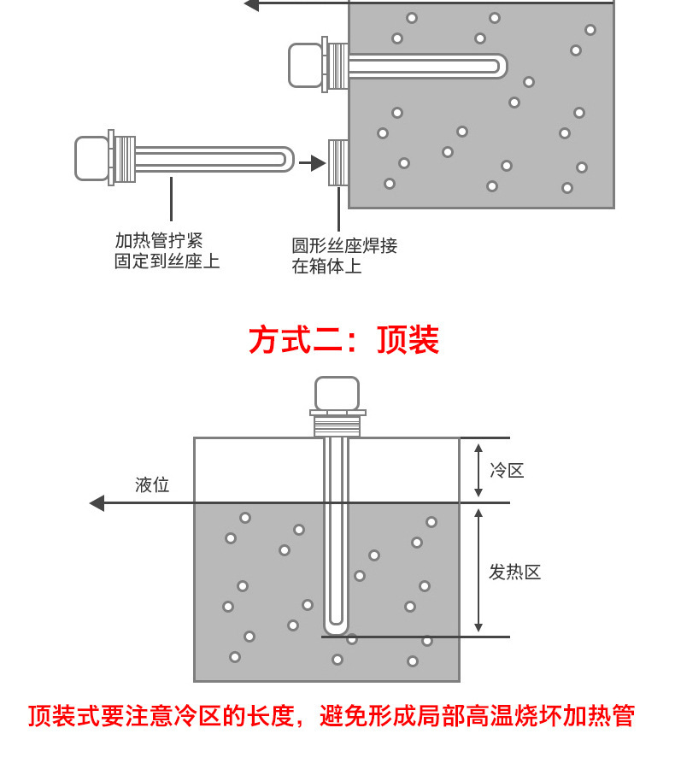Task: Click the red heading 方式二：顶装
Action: pyautogui.click(x=343, y=340)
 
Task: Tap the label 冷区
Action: pyautogui.click(x=507, y=470)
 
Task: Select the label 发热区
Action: pyautogui.click(x=514, y=572)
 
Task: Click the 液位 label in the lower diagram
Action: pyautogui.click(x=152, y=485)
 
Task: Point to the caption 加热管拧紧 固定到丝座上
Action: pyautogui.click(x=167, y=251)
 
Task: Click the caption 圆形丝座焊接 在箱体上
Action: pyautogui.click(x=344, y=256)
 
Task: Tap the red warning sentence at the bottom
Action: pyautogui.click(x=332, y=715)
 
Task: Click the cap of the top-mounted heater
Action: pyautogui.click(x=337, y=393)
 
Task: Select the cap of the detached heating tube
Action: pyautogui.click(x=91, y=159)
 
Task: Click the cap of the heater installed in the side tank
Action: pyautogui.click(x=305, y=65)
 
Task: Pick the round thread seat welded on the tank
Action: pyautogui.click(x=338, y=162)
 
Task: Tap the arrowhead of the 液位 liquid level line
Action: pyautogui.click(x=97, y=503)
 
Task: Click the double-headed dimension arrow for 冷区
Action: pyautogui.click(x=478, y=470)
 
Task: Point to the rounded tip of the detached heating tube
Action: pyautogui.click(x=288, y=159)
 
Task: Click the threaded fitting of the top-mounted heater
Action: pyautogui.click(x=337, y=426)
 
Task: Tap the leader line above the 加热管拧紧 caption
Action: pyautogui.click(x=171, y=198)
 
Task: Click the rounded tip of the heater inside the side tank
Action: pyautogui.click(x=501, y=66)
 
